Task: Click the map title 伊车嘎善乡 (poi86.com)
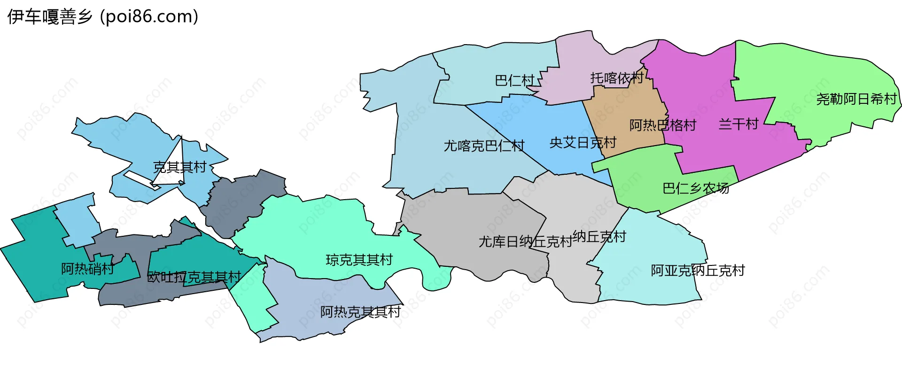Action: (103, 17)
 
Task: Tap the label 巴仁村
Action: (515, 81)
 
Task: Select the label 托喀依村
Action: (617, 78)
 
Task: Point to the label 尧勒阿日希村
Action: (856, 99)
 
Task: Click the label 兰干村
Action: (739, 124)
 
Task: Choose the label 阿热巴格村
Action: (662, 125)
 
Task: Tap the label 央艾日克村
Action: (583, 142)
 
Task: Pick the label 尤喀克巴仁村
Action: (484, 146)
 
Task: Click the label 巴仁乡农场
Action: (696, 188)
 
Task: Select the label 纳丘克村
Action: (599, 236)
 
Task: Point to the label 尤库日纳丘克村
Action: (525, 241)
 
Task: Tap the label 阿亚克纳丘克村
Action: (698, 271)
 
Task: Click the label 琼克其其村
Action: (359, 260)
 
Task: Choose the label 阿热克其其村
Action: (360, 312)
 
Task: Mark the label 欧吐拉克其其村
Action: (194, 277)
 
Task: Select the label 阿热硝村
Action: (87, 269)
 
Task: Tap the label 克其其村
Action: (180, 167)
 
